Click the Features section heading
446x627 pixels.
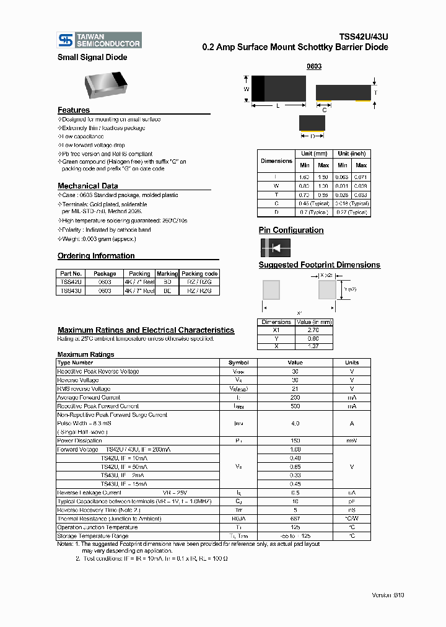pyautogui.click(x=74, y=110)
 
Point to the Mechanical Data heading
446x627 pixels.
pyautogui.click(x=87, y=186)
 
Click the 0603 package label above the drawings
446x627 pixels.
pyautogui.click(x=315, y=66)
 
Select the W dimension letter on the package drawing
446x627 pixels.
pyautogui.click(x=246, y=89)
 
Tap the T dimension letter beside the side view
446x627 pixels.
pyautogui.click(x=375, y=92)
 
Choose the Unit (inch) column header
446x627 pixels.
pyautogui.click(x=352, y=154)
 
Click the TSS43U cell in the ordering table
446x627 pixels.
pyautogui.click(x=69, y=291)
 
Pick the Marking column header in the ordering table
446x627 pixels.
pyautogui.click(x=167, y=273)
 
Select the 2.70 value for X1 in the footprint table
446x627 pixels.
pyautogui.click(x=313, y=330)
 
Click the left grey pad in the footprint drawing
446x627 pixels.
pyautogui.click(x=271, y=289)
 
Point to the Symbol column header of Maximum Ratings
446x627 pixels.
pyautogui.click(x=238, y=362)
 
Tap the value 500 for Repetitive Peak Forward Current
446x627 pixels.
pyautogui.click(x=295, y=406)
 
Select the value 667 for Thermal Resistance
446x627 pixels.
pyautogui.click(x=295, y=519)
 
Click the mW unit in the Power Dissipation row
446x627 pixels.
pyautogui.click(x=351, y=441)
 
